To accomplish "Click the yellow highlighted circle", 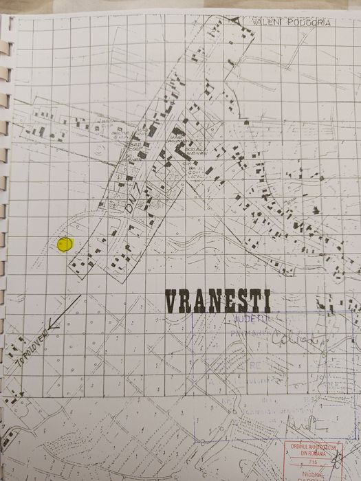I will tap(65, 244).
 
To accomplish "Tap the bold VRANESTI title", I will tap(217, 301).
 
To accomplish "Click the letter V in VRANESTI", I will tap(171, 301).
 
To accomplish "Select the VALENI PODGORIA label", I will tap(292, 22).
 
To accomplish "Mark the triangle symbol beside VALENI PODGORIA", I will tap(239, 21).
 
